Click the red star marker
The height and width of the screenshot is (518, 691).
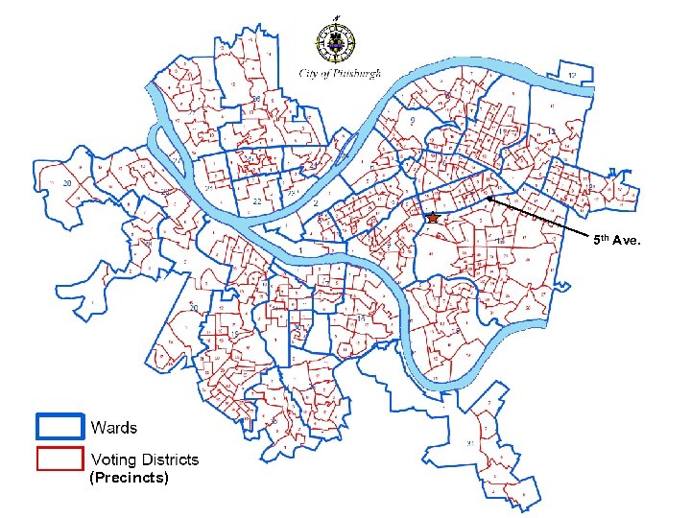pyautogui.click(x=432, y=219)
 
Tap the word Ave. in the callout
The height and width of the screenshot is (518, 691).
pyautogui.click(x=639, y=239)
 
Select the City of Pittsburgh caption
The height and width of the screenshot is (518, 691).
pyautogui.click(x=341, y=73)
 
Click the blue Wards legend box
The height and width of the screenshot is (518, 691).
pyautogui.click(x=60, y=426)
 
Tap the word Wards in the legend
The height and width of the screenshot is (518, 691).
pyautogui.click(x=114, y=428)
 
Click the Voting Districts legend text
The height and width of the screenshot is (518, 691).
pyautogui.click(x=145, y=459)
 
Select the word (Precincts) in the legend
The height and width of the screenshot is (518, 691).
pyautogui.click(x=128, y=477)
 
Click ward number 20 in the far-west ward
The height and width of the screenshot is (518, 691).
pyautogui.click(x=67, y=182)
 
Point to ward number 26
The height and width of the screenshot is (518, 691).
pyautogui.click(x=256, y=99)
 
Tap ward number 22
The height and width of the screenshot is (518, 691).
pyautogui.click(x=257, y=202)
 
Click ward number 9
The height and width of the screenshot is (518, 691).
pyautogui.click(x=411, y=122)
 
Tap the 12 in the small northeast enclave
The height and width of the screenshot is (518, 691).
pyautogui.click(x=571, y=74)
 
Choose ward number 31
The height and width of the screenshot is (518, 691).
pyautogui.click(x=466, y=443)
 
